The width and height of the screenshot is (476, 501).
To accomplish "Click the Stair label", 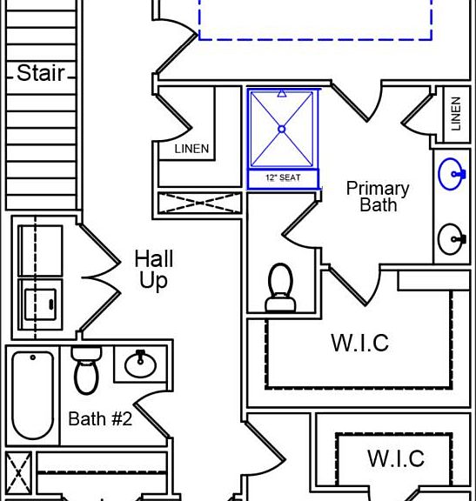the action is click(41, 73).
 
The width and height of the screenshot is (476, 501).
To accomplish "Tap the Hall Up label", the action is click(154, 270).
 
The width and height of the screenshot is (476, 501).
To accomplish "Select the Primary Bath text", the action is click(378, 197).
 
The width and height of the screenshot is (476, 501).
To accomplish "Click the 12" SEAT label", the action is click(283, 177).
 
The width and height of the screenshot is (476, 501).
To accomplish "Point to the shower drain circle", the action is click(282, 129).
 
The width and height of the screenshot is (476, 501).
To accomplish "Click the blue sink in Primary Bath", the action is click(452, 174).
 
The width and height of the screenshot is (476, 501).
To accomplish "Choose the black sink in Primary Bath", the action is click(452, 239).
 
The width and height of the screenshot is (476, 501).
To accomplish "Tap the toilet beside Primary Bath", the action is click(281, 287).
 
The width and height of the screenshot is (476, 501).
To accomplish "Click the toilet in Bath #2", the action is click(86, 370).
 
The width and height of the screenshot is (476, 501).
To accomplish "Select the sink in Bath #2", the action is click(141, 364).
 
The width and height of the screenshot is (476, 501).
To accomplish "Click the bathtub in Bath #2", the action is click(32, 395).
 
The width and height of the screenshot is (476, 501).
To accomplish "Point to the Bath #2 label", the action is click(100, 418).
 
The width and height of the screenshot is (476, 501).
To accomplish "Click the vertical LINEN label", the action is click(456, 114).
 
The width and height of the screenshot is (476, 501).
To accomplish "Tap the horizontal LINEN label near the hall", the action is click(191, 149).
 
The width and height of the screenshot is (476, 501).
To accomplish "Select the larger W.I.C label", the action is click(360, 343).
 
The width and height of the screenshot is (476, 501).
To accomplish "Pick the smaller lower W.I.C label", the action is click(396, 458).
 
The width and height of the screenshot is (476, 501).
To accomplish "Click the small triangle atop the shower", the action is click(282, 93).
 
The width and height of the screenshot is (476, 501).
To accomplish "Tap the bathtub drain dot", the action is click(32, 357).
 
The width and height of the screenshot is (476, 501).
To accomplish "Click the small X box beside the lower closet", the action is click(18, 473).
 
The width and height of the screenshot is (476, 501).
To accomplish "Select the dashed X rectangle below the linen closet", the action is click(200, 203).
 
